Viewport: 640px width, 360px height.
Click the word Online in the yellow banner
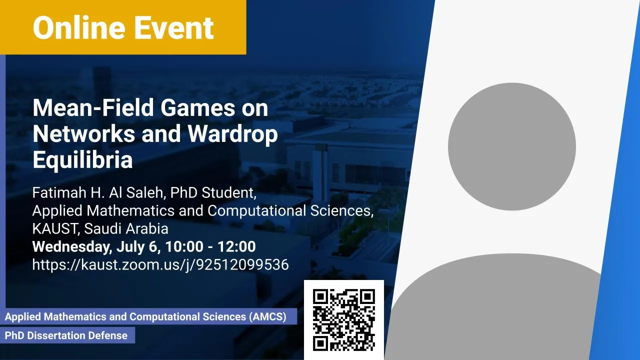point(79,27)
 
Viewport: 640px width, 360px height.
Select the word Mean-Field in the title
point(93,107)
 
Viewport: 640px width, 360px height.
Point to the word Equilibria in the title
point(82,160)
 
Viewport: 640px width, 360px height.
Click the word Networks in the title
point(83,133)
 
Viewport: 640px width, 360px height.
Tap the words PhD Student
point(213,192)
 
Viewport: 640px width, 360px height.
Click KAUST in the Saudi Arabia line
point(55,228)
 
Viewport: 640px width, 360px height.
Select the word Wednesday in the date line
point(72,247)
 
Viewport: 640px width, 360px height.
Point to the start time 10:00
point(183,246)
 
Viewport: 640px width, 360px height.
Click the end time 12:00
point(236,246)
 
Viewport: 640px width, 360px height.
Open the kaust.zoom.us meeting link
point(160,265)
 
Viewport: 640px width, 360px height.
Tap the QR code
point(343,320)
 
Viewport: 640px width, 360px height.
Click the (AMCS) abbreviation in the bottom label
point(267,317)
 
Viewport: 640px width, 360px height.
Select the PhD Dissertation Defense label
point(66,335)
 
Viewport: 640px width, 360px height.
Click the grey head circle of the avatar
point(511,146)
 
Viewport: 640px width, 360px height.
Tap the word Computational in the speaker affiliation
point(256,211)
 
